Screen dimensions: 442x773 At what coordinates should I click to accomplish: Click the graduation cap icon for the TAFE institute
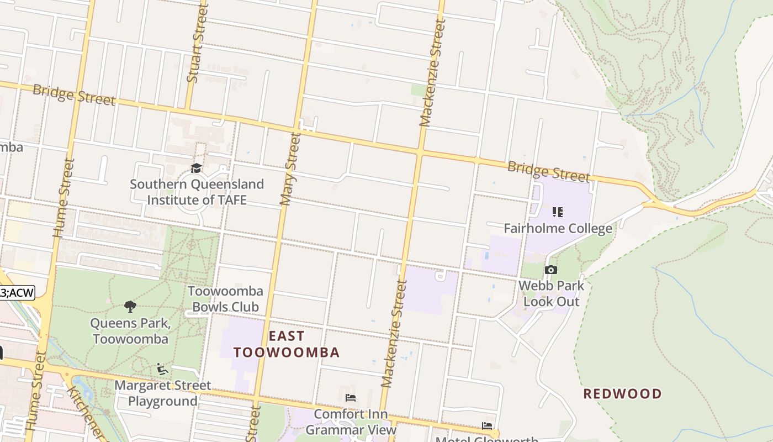(196, 168)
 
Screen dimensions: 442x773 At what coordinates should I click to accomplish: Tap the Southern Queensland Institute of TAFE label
(197, 192)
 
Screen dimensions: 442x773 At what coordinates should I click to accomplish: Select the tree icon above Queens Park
(130, 307)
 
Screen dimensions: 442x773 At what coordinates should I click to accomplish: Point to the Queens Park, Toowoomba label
(130, 331)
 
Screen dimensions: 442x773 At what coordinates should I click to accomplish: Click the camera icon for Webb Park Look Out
(550, 270)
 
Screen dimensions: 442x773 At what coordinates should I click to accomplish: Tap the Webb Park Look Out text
(551, 294)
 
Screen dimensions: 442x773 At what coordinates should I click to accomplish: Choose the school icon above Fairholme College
(558, 212)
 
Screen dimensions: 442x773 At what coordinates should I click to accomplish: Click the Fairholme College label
(558, 228)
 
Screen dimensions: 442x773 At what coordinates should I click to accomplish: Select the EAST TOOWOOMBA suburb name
(286, 344)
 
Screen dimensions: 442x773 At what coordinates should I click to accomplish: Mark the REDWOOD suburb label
(622, 394)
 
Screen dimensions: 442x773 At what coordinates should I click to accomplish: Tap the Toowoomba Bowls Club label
(225, 299)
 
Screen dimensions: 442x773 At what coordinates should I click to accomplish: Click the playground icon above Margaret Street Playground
(162, 369)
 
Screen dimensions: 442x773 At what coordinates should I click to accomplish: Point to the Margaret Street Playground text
(162, 393)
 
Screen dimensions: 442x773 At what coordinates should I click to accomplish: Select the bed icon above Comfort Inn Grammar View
(350, 398)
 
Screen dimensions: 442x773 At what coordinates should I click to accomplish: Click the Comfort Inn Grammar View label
(351, 422)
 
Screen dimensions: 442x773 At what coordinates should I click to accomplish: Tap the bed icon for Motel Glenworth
(487, 426)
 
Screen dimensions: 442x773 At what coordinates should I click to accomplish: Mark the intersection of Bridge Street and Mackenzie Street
(420, 151)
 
